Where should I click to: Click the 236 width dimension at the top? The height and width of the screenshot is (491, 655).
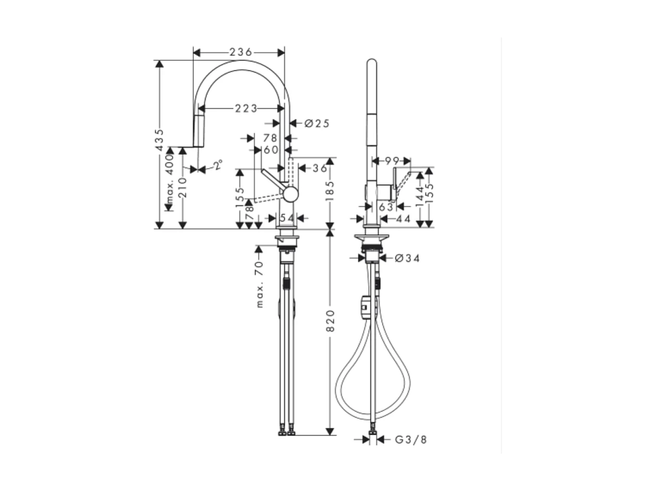point(240,52)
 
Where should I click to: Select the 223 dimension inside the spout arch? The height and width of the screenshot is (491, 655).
point(246,108)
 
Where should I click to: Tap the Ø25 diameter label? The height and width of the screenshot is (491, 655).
point(317,123)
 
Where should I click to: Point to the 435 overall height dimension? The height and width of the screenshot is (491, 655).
point(160,140)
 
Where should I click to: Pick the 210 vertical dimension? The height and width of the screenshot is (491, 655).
point(182,187)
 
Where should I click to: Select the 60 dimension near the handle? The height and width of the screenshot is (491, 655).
point(271,150)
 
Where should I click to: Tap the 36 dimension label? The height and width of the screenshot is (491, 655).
point(320,168)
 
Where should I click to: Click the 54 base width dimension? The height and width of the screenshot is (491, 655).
point(287,218)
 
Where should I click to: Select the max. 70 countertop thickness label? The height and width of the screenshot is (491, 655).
point(260,284)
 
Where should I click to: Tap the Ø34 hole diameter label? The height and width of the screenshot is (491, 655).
point(407,258)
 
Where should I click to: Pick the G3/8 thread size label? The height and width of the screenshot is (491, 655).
point(410,440)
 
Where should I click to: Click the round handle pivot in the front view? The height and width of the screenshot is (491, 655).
point(290,194)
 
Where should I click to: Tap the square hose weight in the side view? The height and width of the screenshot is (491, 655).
point(366,307)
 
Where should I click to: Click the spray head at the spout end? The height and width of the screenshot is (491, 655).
point(198,131)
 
